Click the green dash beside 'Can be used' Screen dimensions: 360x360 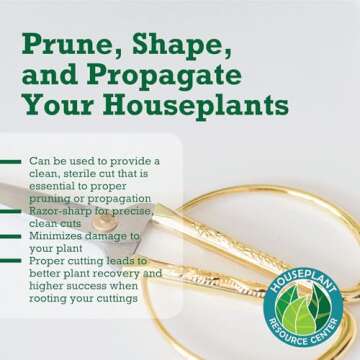point(13,161)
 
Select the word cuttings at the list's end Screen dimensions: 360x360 point(123,295)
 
